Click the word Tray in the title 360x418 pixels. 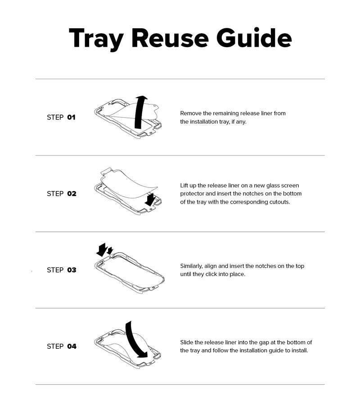96,38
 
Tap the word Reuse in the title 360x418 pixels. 170,38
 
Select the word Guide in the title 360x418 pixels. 254,38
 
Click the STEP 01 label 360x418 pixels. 61,117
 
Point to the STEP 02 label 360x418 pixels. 62,194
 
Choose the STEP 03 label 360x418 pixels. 62,270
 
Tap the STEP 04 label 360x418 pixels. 62,346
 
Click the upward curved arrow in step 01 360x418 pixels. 140,112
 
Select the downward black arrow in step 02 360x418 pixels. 150,200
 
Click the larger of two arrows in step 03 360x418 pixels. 102,250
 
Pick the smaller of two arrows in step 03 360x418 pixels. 110,251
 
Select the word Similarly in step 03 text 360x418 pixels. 191,266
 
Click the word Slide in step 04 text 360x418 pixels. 187,342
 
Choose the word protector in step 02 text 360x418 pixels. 192,194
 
